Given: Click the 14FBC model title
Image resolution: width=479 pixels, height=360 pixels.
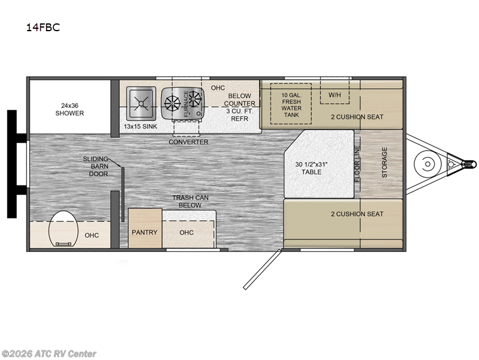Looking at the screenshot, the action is [x=43, y=28].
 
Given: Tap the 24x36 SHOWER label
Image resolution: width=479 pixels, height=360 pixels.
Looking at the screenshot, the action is [x=70, y=109].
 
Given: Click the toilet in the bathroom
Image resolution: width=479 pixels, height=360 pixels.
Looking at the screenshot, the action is [x=64, y=228].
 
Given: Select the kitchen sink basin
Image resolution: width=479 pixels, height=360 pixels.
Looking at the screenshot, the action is [x=141, y=103].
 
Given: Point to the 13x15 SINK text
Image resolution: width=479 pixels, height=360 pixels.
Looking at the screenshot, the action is [x=140, y=126].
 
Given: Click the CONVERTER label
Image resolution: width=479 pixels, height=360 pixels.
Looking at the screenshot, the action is [x=188, y=142].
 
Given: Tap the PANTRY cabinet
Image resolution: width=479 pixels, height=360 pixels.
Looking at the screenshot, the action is [x=145, y=228].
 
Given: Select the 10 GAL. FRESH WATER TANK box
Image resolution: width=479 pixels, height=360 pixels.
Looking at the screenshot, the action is [x=291, y=104].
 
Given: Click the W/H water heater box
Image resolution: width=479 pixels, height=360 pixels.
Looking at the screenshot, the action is [x=335, y=91].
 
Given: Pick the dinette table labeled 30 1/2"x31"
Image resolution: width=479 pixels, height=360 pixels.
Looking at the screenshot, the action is [x=319, y=164].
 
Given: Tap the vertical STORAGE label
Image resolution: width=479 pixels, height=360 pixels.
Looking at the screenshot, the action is [x=384, y=163].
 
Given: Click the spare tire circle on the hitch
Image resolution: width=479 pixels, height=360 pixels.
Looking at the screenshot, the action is [x=427, y=164].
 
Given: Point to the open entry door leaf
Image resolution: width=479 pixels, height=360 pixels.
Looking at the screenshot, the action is [x=262, y=269].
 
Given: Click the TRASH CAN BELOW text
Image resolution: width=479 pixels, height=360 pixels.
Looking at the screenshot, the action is [x=190, y=201].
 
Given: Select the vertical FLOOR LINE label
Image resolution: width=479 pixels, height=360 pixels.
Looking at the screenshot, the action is [x=357, y=164].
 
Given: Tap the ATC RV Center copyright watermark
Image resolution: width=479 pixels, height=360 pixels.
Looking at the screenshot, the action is [x=49, y=354].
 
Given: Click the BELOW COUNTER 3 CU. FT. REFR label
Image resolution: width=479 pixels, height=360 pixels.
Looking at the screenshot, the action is [x=240, y=107].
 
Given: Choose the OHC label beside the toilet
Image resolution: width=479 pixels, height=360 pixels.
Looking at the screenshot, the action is [x=92, y=235].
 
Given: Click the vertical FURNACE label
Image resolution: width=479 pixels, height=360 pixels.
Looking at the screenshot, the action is [x=186, y=104].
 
